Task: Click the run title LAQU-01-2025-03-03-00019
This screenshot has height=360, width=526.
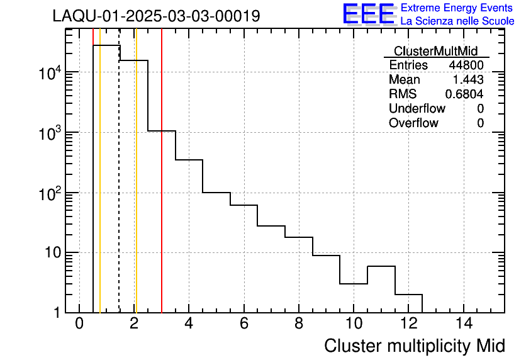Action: click(x=156, y=16)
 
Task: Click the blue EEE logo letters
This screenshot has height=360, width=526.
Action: click(x=369, y=14)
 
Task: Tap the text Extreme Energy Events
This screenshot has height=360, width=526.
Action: click(x=457, y=8)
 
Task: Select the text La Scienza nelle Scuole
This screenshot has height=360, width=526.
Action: click(x=457, y=21)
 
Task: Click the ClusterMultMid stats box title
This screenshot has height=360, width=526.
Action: click(x=435, y=51)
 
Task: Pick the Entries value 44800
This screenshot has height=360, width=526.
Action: click(x=466, y=65)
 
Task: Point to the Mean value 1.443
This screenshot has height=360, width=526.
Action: click(x=468, y=80)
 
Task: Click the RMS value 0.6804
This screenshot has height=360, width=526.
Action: click(x=464, y=94)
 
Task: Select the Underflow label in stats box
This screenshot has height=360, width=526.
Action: click(x=417, y=108)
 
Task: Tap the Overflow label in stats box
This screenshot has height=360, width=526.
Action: click(x=413, y=123)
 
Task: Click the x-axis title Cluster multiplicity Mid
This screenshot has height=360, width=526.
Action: click(x=414, y=346)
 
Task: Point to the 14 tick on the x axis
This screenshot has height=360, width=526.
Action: click(x=463, y=324)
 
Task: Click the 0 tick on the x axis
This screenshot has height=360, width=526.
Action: click(x=79, y=324)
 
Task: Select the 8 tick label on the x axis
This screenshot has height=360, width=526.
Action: click(x=299, y=324)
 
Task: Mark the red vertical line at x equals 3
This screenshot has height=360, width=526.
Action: click(x=162, y=189)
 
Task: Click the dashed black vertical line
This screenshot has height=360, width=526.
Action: click(x=119, y=189)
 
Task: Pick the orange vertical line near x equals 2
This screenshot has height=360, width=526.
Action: click(x=136, y=189)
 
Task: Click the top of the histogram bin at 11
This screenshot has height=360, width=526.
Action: click(x=381, y=266)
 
